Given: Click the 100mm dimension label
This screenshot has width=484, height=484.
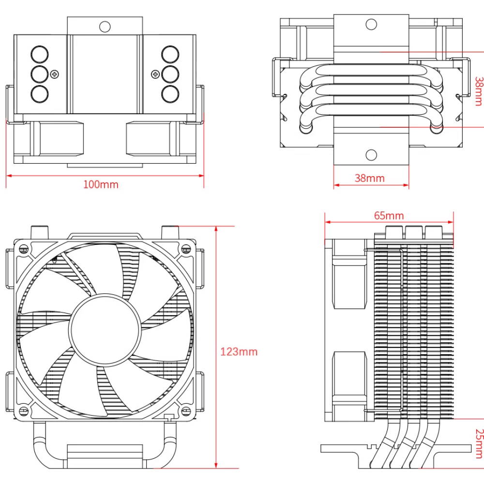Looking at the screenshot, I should click(101, 184).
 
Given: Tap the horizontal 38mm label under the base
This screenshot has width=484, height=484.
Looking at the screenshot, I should click(369, 178).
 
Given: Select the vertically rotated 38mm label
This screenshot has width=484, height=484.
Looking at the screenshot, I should click(479, 91).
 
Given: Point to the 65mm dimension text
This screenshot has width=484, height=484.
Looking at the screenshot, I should click(389, 215).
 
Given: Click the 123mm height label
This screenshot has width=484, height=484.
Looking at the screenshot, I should click(239, 351).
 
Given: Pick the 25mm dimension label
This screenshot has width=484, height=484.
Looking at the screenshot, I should click(479, 443).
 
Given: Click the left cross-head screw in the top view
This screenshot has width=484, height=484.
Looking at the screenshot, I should click(54, 74).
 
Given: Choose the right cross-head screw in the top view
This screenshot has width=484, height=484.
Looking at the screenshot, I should click(155, 74).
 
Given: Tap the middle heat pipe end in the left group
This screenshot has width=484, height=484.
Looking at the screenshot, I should click(39, 74).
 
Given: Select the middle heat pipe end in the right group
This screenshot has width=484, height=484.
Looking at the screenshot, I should click(170, 74).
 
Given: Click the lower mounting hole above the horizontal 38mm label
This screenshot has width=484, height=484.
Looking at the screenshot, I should click(371, 155).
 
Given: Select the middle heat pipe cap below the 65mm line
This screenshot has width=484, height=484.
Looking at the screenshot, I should click(414, 232).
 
